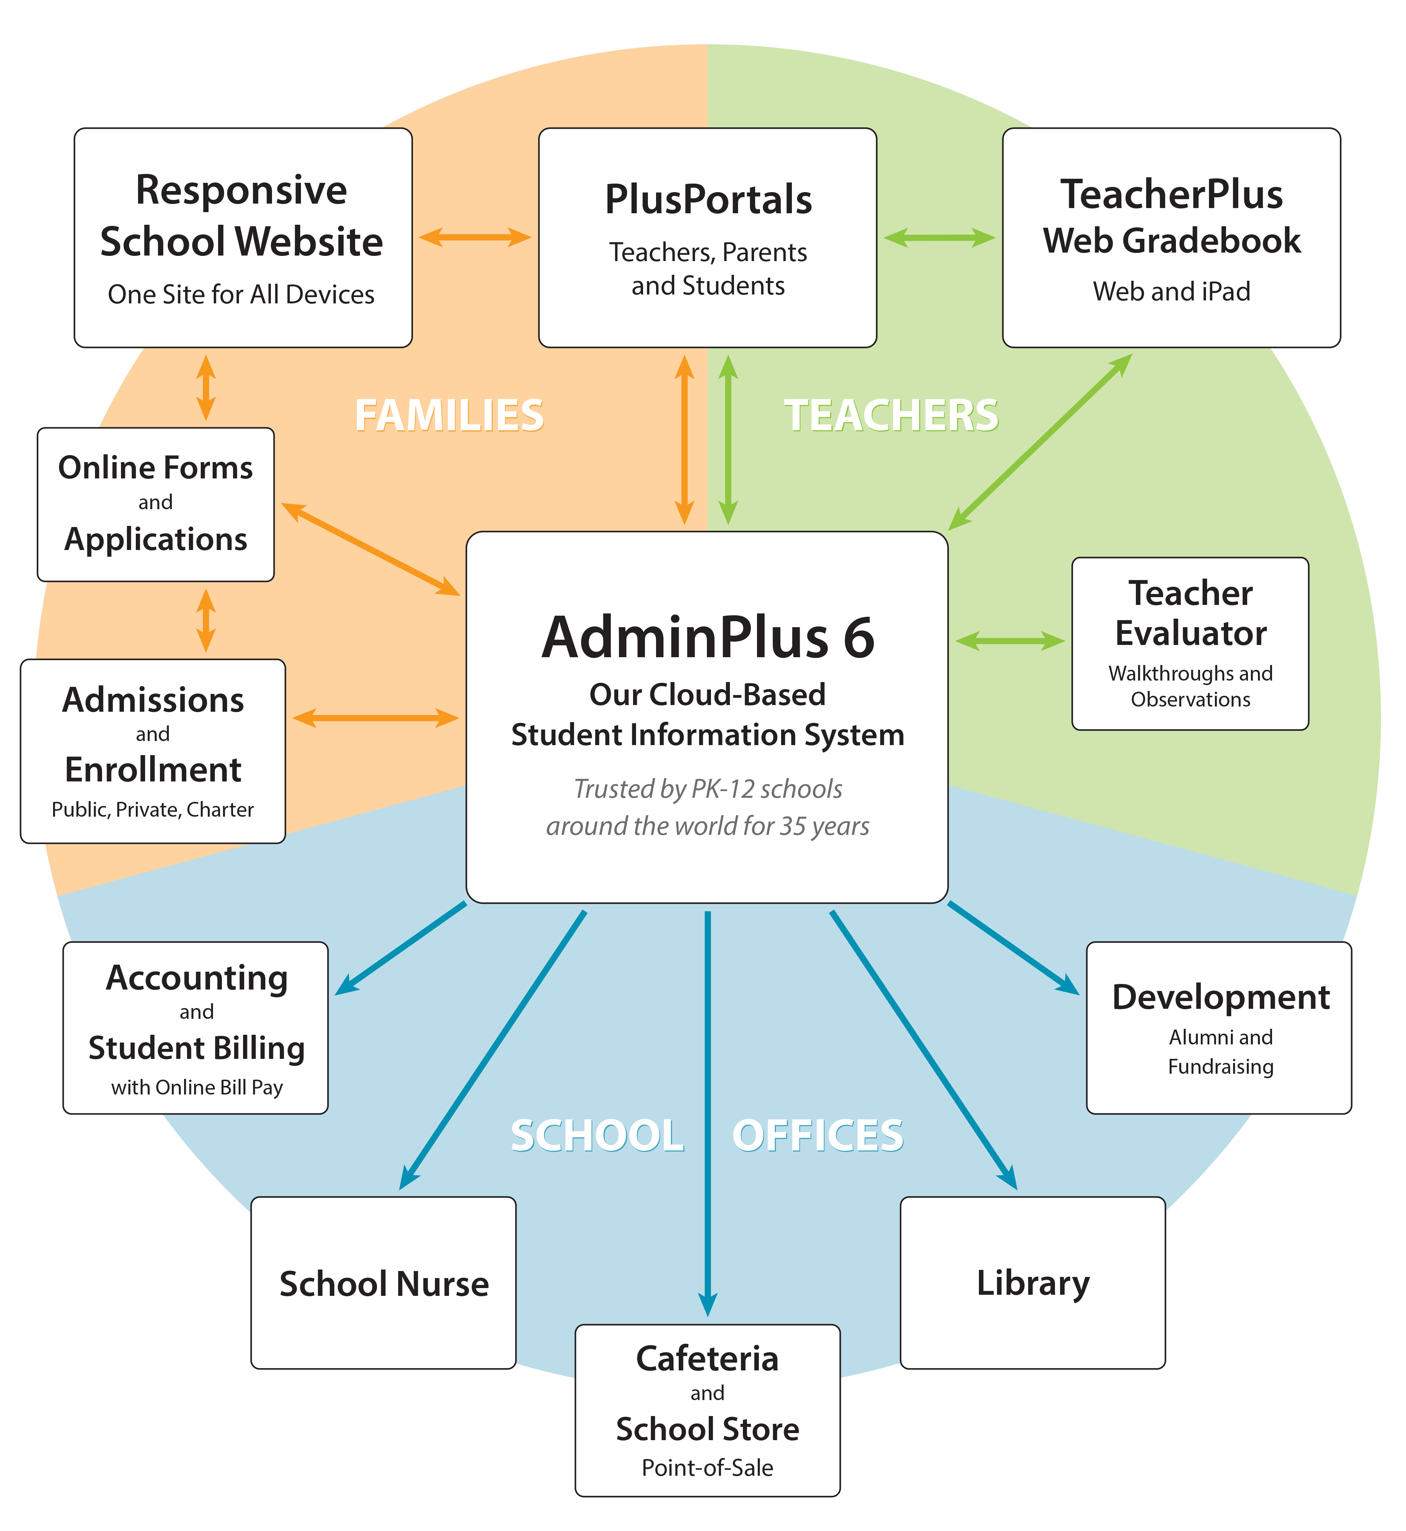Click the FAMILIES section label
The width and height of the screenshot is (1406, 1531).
point(449,415)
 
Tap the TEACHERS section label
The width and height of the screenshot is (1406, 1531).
point(891,415)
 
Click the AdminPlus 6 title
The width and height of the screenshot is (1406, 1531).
point(708,637)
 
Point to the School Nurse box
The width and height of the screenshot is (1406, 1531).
point(383,1284)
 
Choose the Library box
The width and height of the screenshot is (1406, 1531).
point(1032,1284)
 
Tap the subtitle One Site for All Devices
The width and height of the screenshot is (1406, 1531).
point(241,294)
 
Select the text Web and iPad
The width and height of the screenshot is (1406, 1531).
point(1171,291)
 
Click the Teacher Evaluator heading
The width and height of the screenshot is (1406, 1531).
point(1190,613)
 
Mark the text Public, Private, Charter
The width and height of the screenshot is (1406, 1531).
point(152,809)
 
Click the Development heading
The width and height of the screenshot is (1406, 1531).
point(1220,997)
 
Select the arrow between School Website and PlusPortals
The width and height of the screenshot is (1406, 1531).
point(475,237)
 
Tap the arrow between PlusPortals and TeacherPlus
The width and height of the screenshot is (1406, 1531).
point(939,237)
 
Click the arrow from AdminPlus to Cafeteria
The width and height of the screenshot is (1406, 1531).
point(708,1110)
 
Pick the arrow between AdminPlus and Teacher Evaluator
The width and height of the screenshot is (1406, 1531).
point(1010,641)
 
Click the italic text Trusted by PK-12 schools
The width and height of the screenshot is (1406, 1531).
point(708,789)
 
